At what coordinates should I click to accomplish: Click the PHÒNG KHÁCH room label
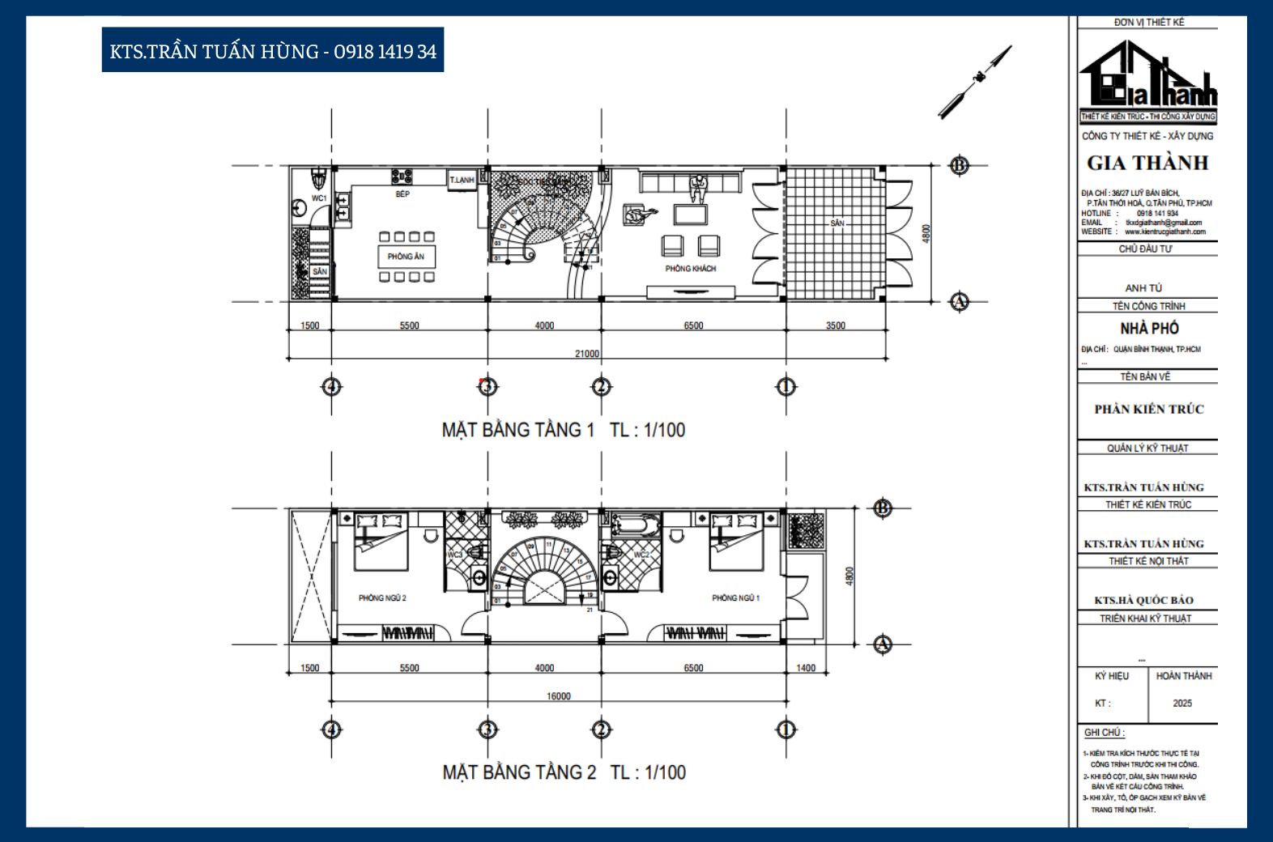point(690,268)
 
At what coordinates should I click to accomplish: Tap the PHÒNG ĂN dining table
point(406,257)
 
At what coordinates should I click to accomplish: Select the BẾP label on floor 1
point(402,194)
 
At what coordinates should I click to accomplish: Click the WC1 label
point(319,198)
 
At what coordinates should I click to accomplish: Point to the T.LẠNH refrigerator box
point(462,180)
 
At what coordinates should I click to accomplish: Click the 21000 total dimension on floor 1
point(586,354)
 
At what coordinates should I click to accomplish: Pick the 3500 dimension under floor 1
point(835,325)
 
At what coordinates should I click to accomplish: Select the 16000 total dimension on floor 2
point(558,696)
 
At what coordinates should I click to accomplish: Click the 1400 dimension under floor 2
point(806,668)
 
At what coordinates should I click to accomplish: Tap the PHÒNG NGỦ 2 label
point(382,598)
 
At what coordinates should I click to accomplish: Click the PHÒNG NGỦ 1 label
point(735,598)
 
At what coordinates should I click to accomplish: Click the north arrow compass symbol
point(976,80)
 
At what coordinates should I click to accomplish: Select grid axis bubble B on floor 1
point(959,166)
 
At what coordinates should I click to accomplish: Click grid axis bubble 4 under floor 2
point(331,729)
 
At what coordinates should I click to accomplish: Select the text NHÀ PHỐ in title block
point(1148,328)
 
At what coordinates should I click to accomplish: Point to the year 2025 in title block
point(1181,703)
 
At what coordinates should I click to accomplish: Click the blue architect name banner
point(272,51)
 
